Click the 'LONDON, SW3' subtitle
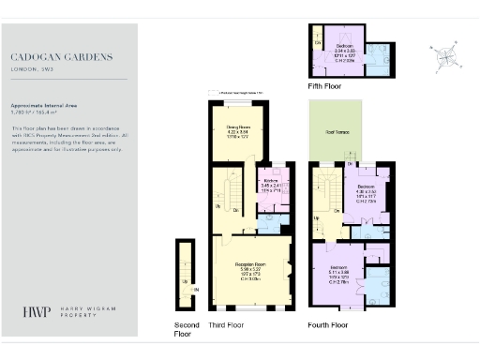[x=33, y=68]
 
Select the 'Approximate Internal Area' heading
[x=42, y=105]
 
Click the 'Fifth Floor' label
[x=324, y=86]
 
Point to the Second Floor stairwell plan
[x=187, y=273]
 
